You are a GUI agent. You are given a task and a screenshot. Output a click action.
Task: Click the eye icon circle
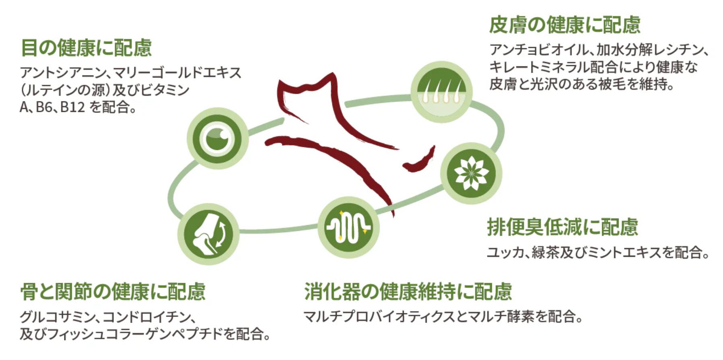[x=217, y=138]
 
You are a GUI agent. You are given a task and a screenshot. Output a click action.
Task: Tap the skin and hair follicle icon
[x=441, y=92]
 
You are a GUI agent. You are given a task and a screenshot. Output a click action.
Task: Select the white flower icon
[x=471, y=173]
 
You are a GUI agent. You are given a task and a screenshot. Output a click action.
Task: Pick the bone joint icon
[x=208, y=234]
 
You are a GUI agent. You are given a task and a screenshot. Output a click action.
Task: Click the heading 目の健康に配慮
[x=86, y=48]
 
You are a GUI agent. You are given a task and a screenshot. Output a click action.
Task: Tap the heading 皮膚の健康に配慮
[x=564, y=25]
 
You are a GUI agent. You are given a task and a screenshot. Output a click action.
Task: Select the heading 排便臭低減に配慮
[x=562, y=227]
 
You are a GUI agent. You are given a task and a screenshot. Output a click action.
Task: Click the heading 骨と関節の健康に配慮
[x=113, y=292]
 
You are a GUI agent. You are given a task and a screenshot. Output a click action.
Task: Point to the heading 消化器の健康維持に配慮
[x=408, y=292]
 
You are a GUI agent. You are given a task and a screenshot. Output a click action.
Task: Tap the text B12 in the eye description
[x=72, y=107]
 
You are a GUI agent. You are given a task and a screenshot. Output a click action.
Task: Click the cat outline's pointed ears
[x=306, y=86]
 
